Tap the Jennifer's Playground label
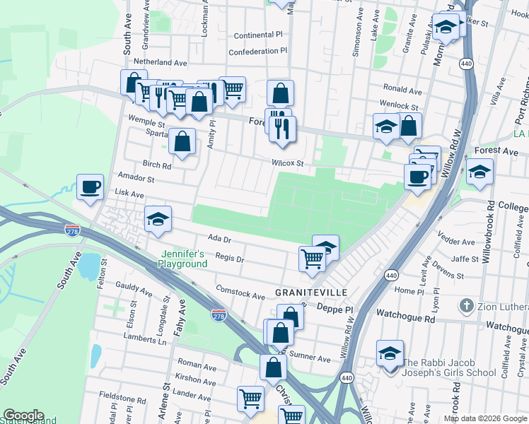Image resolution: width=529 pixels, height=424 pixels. (x=183, y=259)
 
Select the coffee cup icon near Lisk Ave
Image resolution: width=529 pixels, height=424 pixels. (x=90, y=187)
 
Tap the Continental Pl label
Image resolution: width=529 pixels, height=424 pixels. (x=258, y=35)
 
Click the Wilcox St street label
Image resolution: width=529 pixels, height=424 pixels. (x=288, y=163)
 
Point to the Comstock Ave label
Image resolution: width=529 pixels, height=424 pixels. (x=240, y=292)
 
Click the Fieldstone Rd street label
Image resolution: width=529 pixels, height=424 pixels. (x=122, y=398)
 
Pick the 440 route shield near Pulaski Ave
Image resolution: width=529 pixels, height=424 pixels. (x=465, y=64)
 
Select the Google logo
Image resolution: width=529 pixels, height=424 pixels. (x=23, y=416)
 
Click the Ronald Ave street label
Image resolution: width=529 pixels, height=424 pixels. (x=402, y=90)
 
